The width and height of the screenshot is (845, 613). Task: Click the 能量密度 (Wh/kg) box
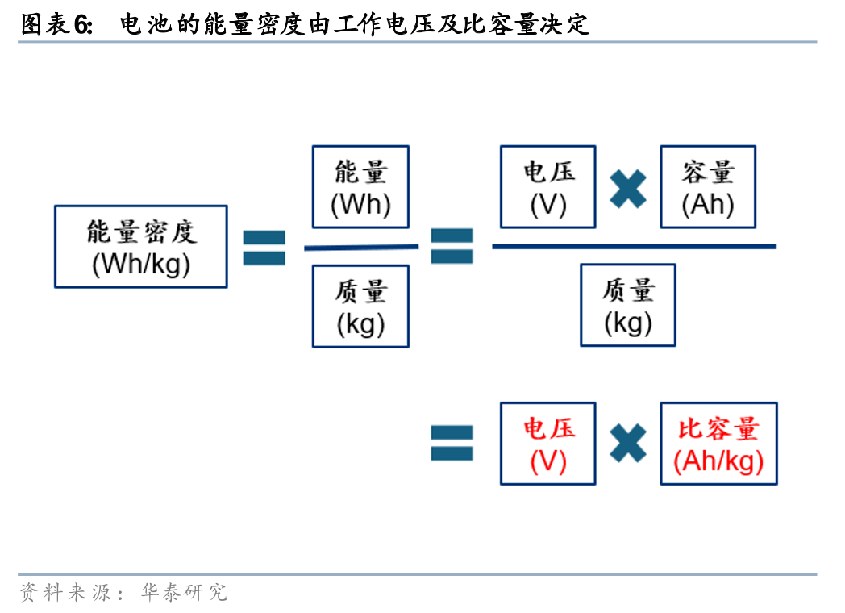141,247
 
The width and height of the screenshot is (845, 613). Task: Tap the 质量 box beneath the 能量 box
360,306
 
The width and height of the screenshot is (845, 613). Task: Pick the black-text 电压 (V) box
547,187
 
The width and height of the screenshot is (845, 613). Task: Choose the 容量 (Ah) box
708,187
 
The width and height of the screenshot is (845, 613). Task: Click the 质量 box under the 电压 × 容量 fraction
628,305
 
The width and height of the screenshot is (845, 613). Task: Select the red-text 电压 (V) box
547,444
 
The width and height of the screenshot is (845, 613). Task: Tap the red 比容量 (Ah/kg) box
718,444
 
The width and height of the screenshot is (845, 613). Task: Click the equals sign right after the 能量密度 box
264,248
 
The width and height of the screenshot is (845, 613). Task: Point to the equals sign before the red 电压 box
452,444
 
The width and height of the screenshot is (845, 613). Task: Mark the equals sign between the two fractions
452,246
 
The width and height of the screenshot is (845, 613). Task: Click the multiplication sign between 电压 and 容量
628,189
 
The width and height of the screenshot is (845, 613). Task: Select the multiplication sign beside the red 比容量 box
628,444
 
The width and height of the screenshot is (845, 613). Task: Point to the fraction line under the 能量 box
360,248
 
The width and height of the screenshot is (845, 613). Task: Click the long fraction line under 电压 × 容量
634,246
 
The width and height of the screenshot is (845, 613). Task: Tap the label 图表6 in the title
56,25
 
